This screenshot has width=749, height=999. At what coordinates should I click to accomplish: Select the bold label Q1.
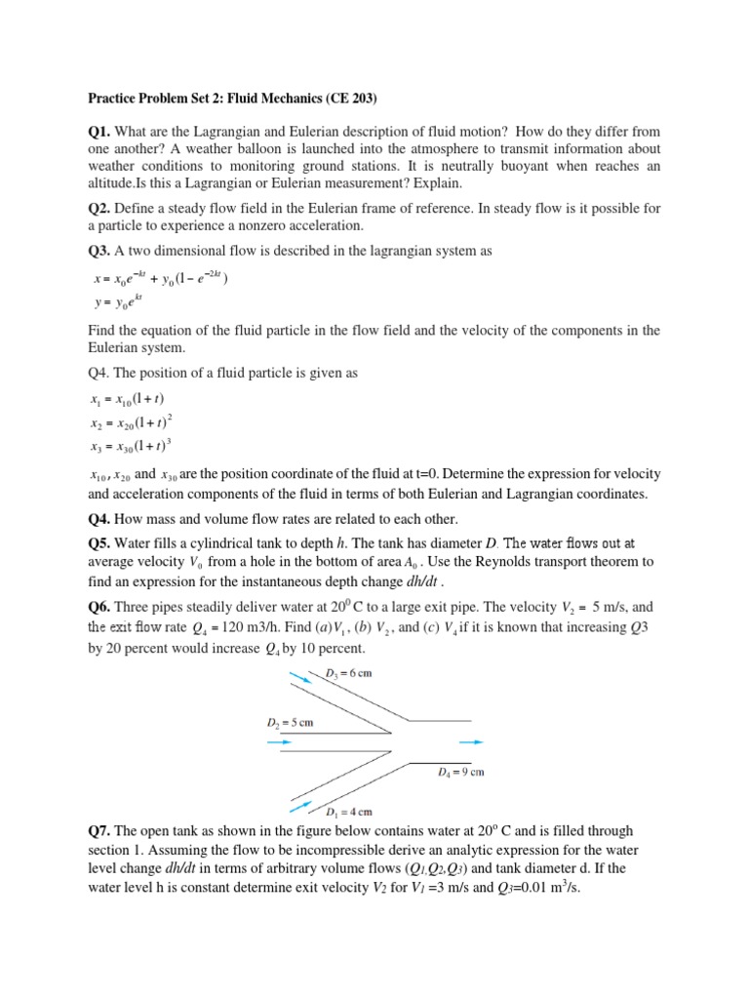(x=102, y=131)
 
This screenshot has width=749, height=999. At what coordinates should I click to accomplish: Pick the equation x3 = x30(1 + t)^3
(x=131, y=446)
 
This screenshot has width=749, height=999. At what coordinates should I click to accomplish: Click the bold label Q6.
(x=102, y=605)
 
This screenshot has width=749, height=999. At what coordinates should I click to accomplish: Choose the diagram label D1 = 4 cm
(x=348, y=810)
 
